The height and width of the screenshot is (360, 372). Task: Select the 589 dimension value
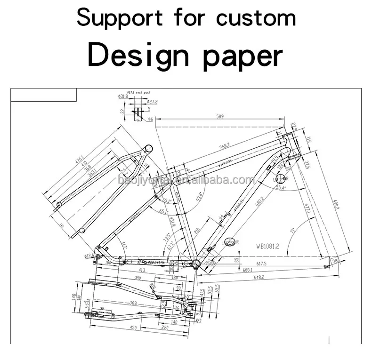219,116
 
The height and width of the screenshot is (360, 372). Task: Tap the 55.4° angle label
281,188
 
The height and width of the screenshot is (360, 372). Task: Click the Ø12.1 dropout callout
90,256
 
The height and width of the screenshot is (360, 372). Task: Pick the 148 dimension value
74,296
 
